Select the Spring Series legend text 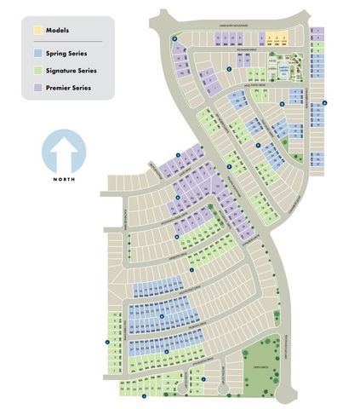click(x=67, y=54)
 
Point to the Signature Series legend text click(x=71, y=70)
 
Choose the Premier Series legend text click(x=70, y=87)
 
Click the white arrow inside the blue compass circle click(x=64, y=154)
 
